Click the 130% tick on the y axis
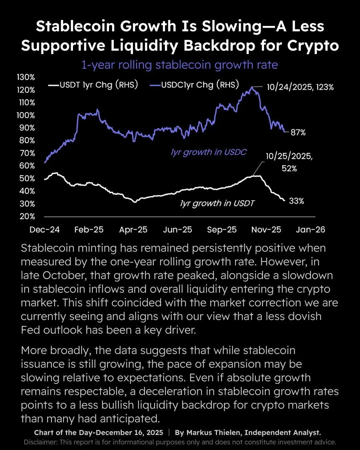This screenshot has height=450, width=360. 26,77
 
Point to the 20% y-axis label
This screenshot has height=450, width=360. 27,216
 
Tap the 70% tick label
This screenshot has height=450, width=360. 27,153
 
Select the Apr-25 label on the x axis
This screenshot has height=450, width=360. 133,230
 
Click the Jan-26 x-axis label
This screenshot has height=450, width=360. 310,230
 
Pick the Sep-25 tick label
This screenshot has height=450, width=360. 222,230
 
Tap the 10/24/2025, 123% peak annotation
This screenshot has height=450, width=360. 300,87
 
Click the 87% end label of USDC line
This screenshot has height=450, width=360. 298,132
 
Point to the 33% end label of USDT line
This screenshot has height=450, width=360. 296,201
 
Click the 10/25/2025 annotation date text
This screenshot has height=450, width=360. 289,156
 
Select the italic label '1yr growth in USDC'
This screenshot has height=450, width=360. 209,152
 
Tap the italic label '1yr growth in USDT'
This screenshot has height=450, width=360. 217,203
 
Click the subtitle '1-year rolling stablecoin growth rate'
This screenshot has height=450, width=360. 180,65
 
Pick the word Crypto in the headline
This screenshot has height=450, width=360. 313,46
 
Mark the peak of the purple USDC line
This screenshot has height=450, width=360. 252,87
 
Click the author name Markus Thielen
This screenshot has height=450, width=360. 214,433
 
